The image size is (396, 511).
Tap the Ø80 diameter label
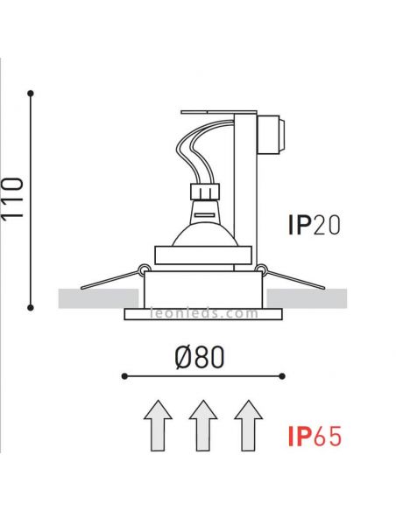[x=200, y=358]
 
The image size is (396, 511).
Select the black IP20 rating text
[x=315, y=225]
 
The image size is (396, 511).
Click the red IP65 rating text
[x=315, y=436]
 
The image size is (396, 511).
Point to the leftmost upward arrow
[x=158, y=425]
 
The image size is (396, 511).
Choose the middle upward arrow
[x=203, y=425]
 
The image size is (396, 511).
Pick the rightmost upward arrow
[x=248, y=425]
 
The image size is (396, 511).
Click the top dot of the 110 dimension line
[x=31, y=94]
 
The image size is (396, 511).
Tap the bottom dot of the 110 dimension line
[x=31, y=307]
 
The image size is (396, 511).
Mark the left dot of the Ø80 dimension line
[x=124, y=376]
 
